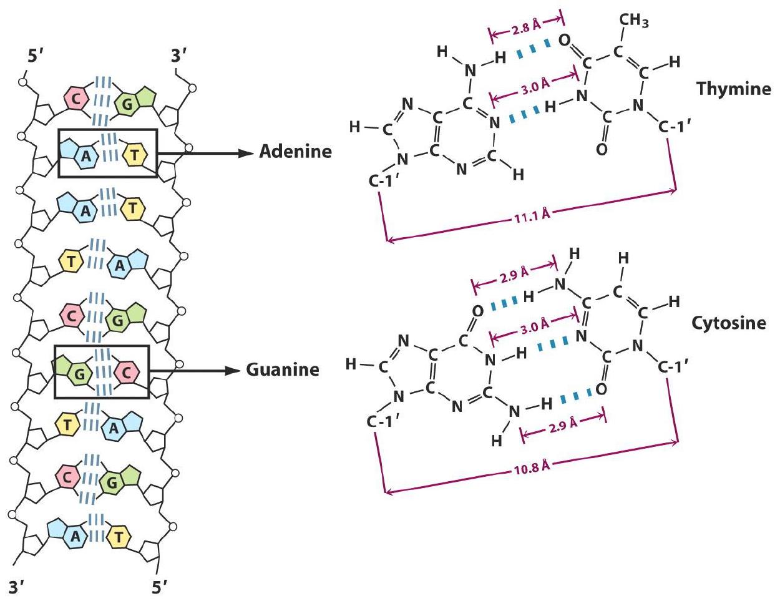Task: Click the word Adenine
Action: pos(295,152)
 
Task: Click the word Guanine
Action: pos(283,369)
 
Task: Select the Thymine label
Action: pos(734,88)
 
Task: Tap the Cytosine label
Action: pos(728,323)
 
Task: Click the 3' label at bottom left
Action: pos(20,587)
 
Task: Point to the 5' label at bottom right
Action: pos(161,587)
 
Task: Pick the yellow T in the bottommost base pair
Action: pos(119,535)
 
